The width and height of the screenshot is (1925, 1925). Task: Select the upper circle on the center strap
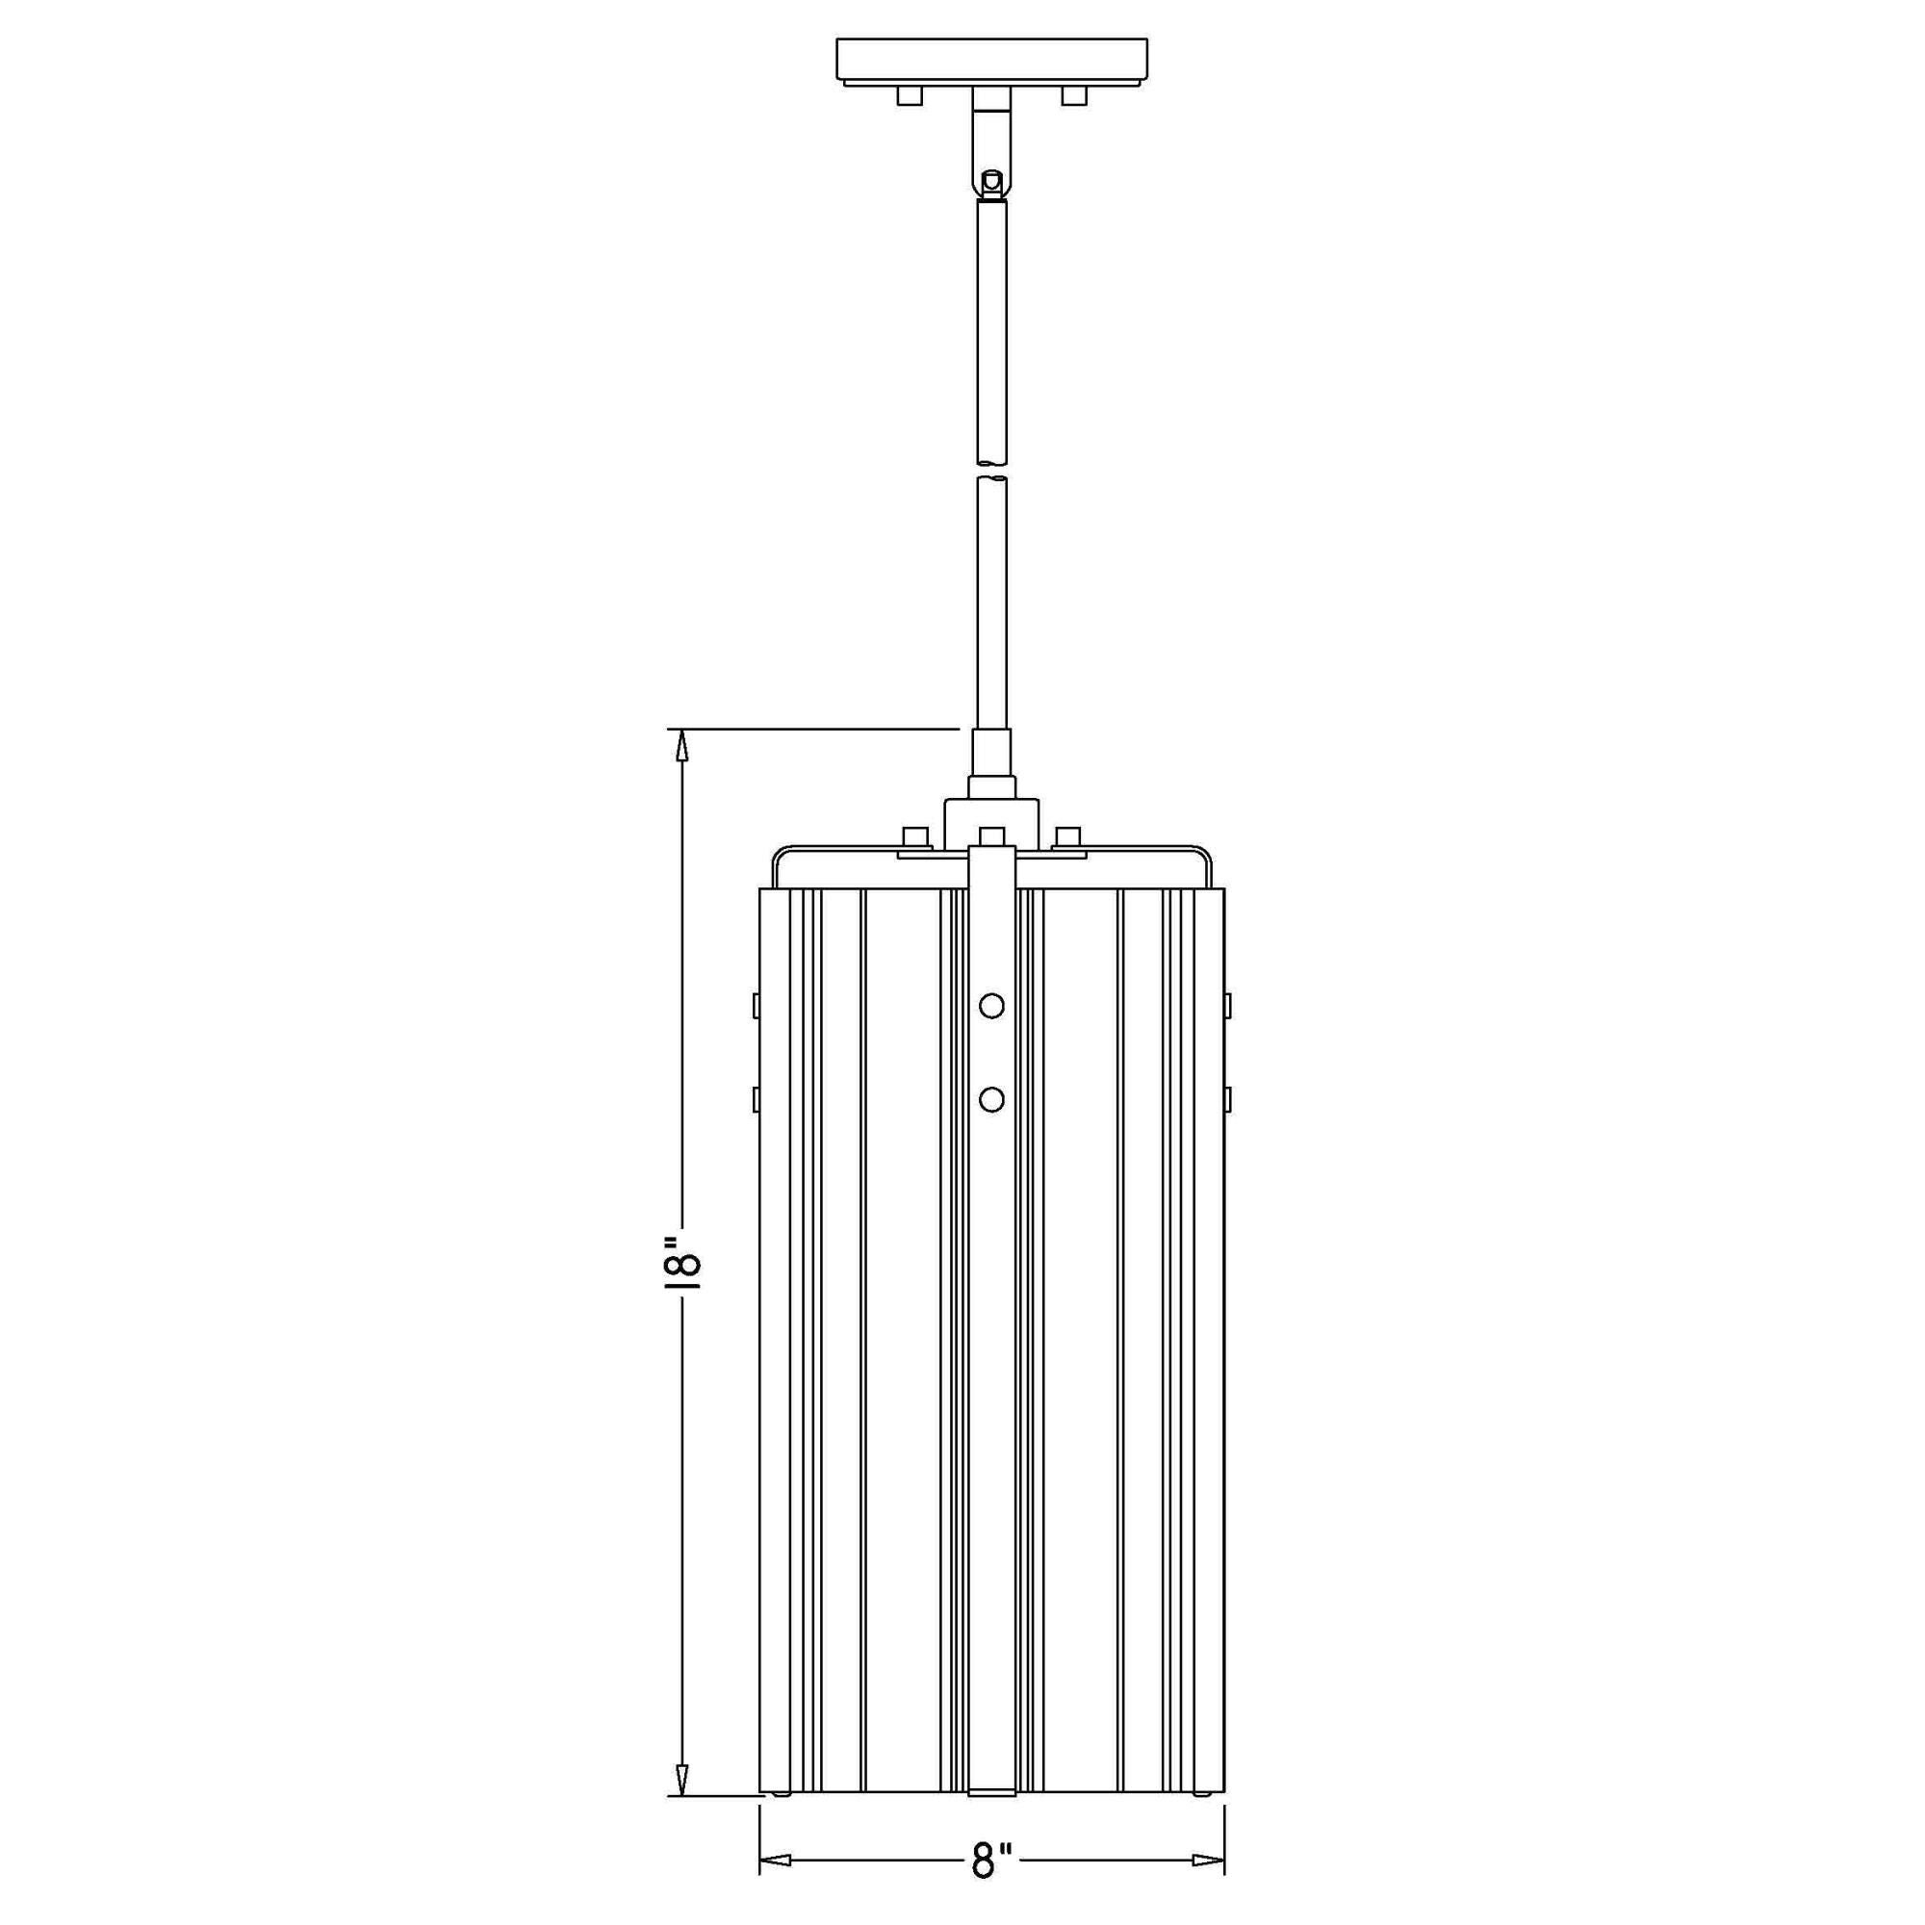(x=991, y=1006)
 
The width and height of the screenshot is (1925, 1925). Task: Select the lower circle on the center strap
(x=991, y=1099)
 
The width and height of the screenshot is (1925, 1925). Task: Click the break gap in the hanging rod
(x=990, y=470)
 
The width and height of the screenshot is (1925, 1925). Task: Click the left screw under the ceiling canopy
(x=909, y=95)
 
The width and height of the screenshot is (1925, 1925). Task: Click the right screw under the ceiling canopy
(x=1073, y=95)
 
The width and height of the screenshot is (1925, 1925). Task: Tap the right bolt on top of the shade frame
(x=1068, y=837)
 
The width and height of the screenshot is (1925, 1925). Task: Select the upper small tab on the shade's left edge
(x=757, y=1004)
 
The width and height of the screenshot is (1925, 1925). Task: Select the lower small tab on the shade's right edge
(x=1228, y=1099)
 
